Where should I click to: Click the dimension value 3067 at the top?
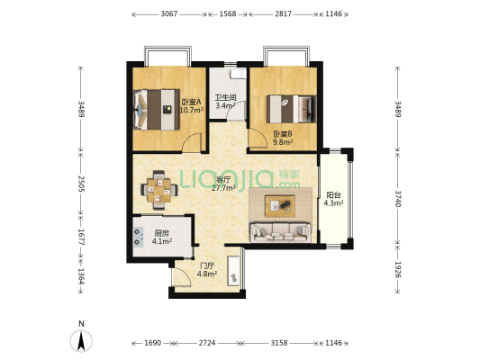(169, 14)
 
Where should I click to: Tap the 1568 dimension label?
(228, 14)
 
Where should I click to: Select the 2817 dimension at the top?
(283, 14)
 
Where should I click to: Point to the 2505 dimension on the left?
(81, 184)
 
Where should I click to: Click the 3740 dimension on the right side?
(397, 199)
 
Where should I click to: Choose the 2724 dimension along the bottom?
(207, 343)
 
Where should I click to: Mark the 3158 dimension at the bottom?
(279, 343)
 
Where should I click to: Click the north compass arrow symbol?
(81, 341)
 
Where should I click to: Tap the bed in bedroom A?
(157, 110)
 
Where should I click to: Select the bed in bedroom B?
(291, 109)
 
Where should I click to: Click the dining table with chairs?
(158, 190)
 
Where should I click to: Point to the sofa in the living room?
(280, 232)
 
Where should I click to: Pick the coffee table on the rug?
(280, 206)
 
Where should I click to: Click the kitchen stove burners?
(138, 237)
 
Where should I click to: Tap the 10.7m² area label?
(192, 110)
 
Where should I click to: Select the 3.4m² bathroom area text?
(225, 106)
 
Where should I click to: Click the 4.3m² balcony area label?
(333, 202)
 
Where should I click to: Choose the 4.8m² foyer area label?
(207, 274)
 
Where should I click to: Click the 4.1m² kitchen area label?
(162, 241)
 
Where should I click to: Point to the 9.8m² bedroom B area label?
(283, 141)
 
